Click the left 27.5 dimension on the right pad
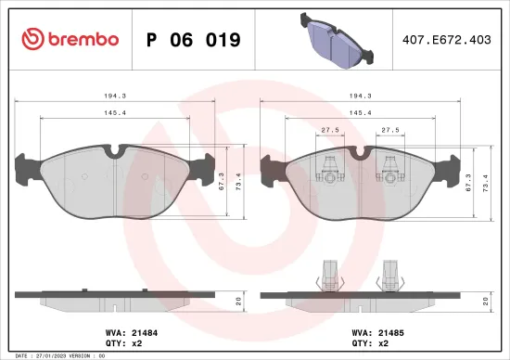coord(329,131)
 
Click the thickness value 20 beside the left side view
coord(240,301)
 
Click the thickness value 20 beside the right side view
coord(486,301)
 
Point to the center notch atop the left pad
coord(118,148)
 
